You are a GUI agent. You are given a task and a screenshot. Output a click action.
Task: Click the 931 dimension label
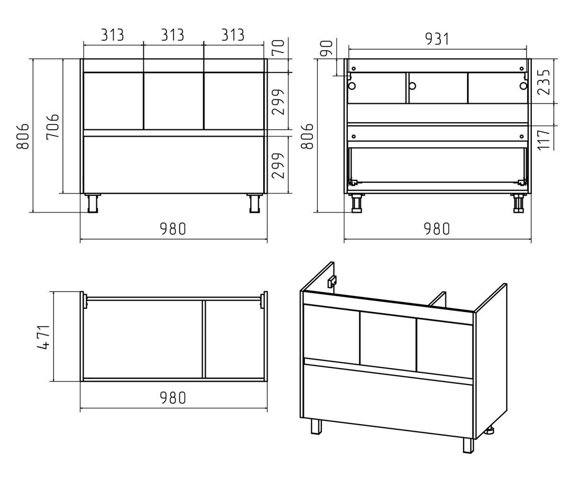[437, 39]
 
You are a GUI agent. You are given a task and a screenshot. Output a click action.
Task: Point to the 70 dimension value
[278, 47]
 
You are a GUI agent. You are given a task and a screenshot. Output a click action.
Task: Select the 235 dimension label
[544, 82]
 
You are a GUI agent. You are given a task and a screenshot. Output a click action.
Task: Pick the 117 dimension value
[544, 140]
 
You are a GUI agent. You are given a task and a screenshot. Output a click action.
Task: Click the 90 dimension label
[327, 48]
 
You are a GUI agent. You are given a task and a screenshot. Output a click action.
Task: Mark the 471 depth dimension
[44, 337]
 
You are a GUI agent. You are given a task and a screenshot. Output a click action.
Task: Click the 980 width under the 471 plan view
[173, 398]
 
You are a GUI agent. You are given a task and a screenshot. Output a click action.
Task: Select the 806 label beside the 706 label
[23, 136]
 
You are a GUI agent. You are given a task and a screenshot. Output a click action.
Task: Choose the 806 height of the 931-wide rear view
[307, 136]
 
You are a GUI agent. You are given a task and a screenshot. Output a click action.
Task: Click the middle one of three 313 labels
[172, 35]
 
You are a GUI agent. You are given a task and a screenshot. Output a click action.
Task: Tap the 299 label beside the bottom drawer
[278, 166]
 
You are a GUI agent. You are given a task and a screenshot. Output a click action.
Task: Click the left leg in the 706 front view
[93, 203]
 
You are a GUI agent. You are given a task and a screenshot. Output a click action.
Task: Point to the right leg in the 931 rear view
[518, 203]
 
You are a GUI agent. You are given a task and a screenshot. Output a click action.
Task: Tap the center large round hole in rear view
[412, 86]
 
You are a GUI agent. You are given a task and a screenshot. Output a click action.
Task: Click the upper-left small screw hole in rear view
[354, 68]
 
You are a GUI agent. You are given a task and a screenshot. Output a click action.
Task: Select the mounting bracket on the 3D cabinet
[332, 281]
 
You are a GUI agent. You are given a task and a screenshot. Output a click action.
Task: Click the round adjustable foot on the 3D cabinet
[489, 430]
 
